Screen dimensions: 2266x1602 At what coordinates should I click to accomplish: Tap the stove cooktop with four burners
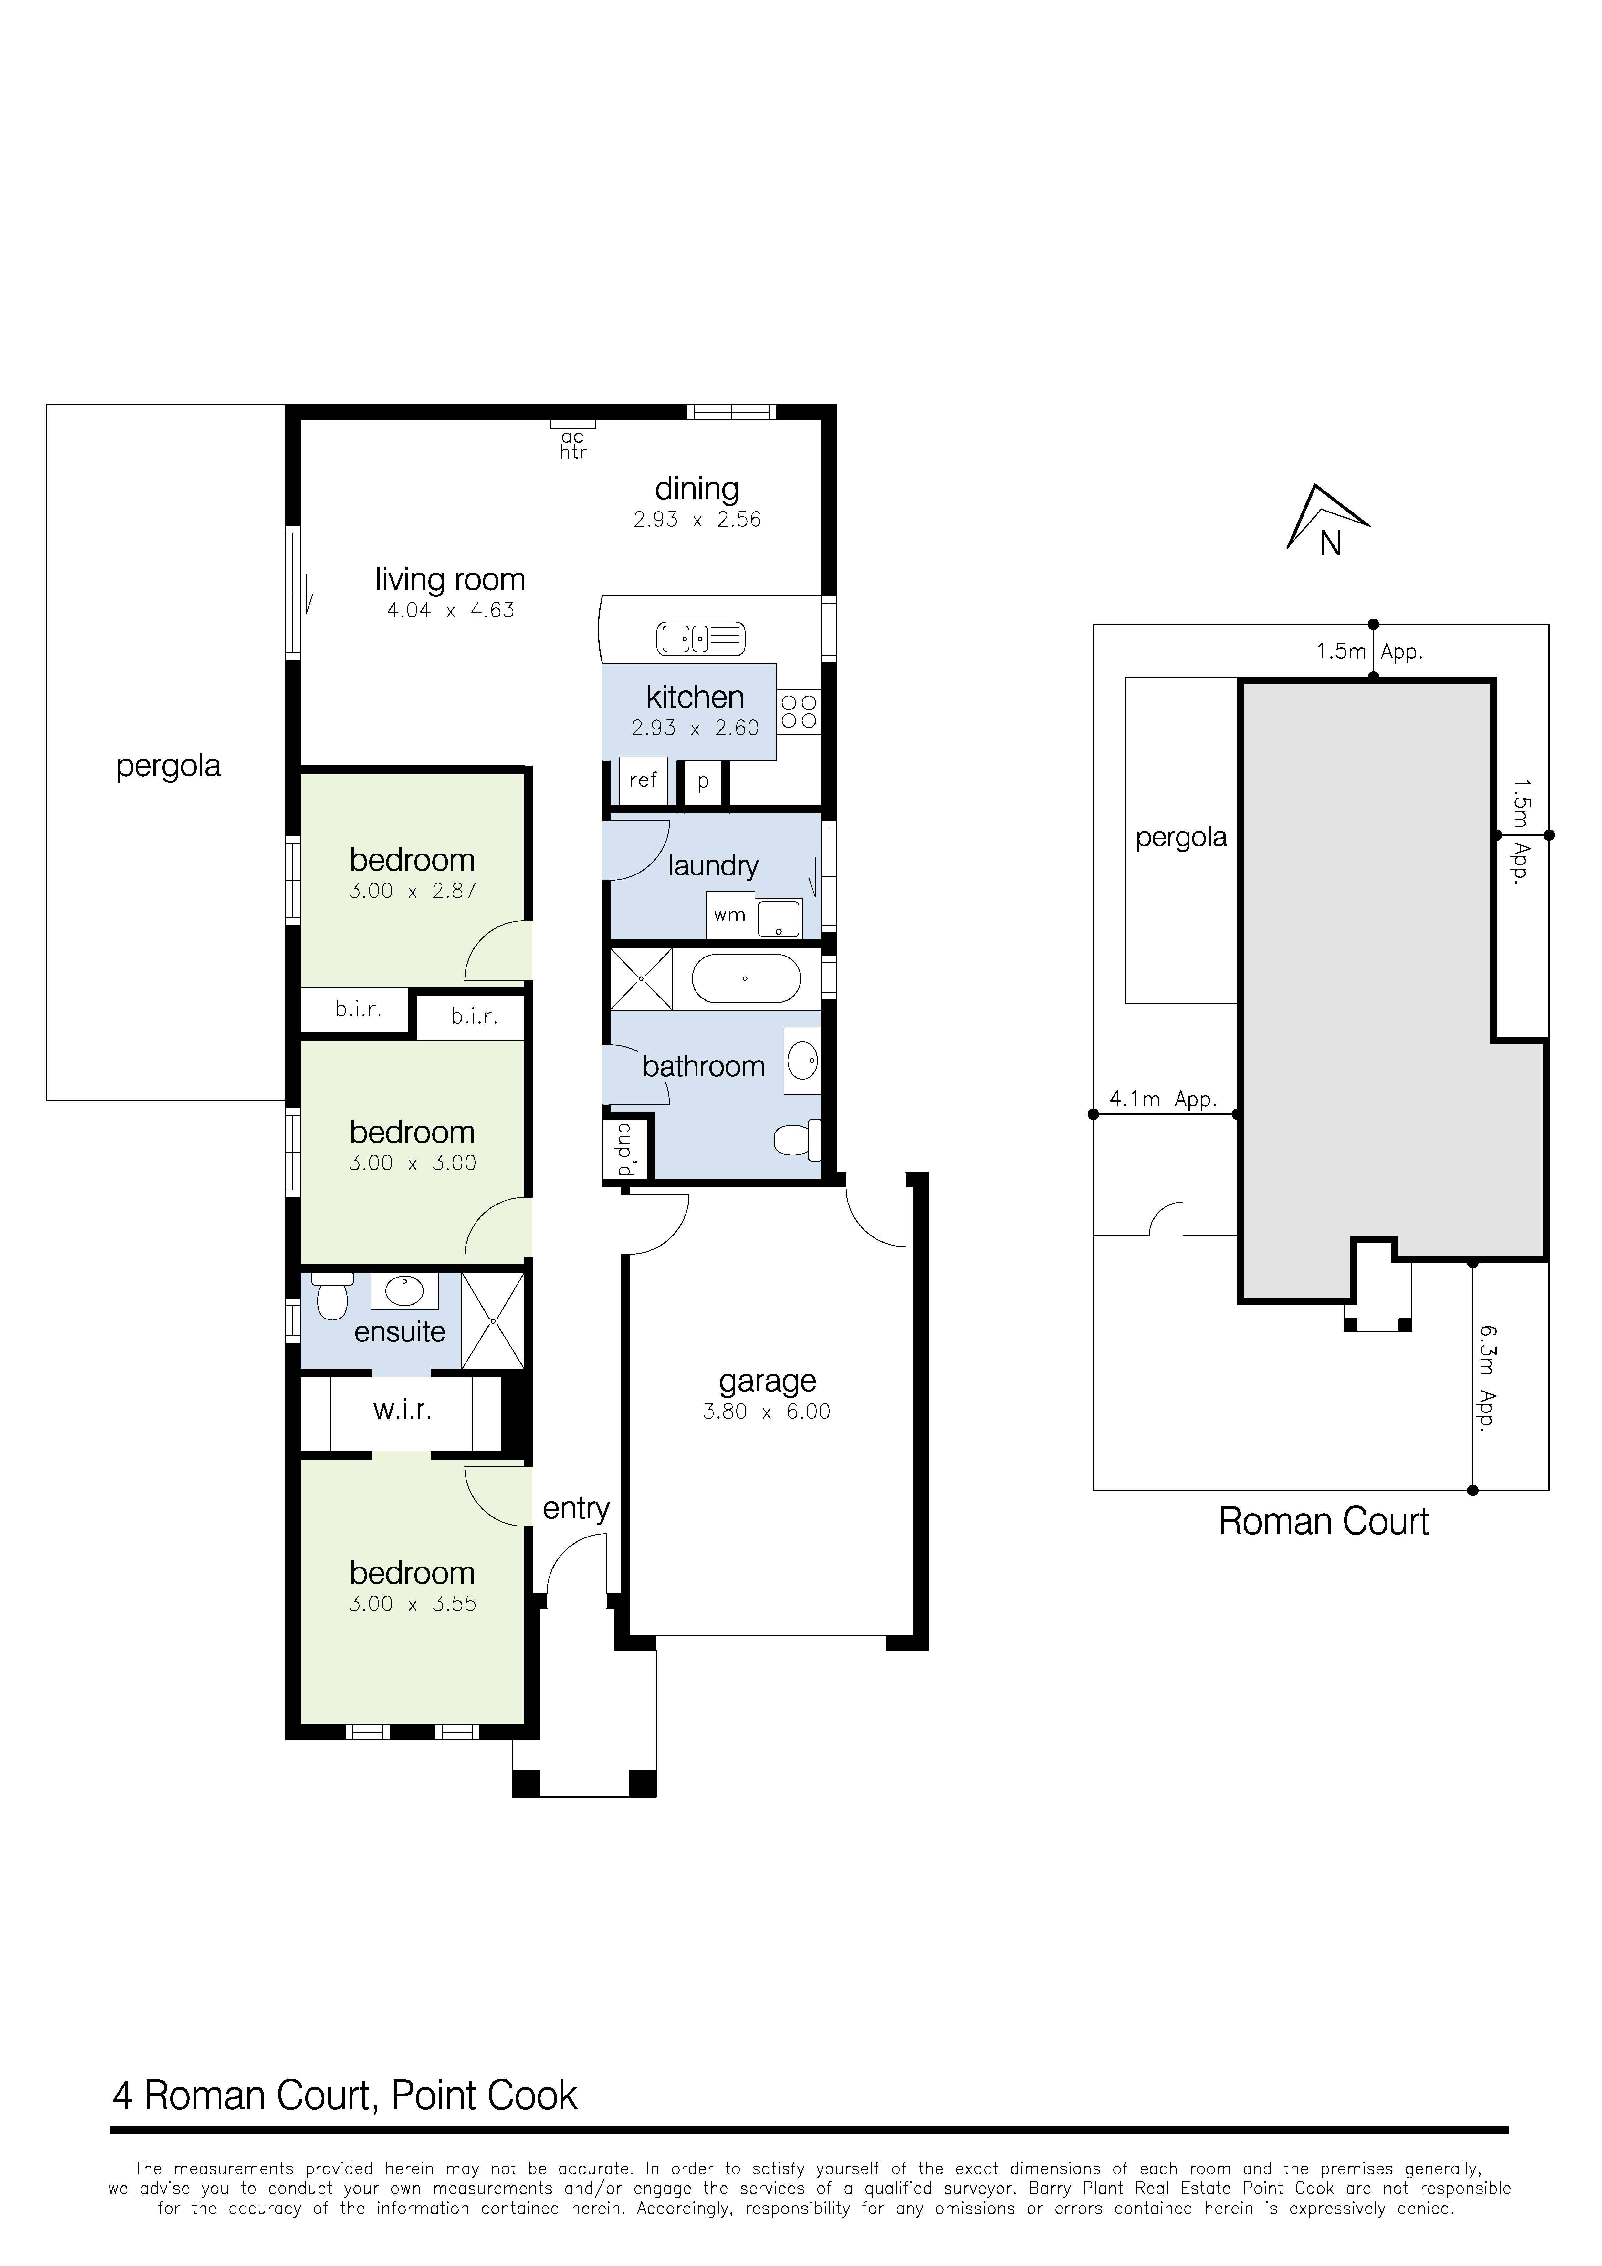tap(800, 712)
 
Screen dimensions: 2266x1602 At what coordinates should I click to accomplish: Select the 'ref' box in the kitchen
tap(643, 781)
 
